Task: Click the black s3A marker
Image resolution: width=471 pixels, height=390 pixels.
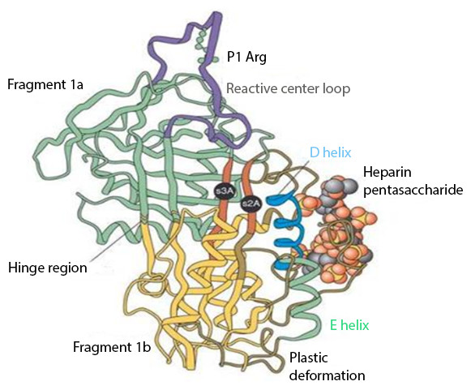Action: [x=225, y=191]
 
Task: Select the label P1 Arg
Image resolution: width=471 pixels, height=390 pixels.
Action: [x=246, y=57]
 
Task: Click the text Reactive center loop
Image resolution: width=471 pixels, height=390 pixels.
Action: [x=288, y=88]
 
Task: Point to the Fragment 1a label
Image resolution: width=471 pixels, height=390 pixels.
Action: [x=45, y=84]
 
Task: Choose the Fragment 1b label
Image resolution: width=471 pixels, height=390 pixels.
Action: [x=112, y=347]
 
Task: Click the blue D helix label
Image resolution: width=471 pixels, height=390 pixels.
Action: [x=330, y=152]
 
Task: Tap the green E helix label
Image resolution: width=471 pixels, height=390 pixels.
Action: [x=349, y=325]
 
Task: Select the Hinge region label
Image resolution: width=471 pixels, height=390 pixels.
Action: [x=48, y=268]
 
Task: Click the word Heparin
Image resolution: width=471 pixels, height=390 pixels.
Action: [x=388, y=173]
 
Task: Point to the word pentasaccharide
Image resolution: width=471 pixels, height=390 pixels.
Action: [x=413, y=191]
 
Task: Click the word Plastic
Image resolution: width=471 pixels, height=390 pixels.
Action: [x=309, y=358]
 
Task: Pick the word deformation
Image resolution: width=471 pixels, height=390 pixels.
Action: [x=328, y=375]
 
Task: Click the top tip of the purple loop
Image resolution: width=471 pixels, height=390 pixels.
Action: [x=216, y=14]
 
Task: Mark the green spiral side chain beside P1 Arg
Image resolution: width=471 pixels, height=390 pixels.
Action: [x=202, y=45]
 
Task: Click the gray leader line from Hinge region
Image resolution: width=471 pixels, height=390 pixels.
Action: [x=115, y=242]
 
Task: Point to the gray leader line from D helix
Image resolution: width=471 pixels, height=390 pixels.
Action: [x=292, y=177]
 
